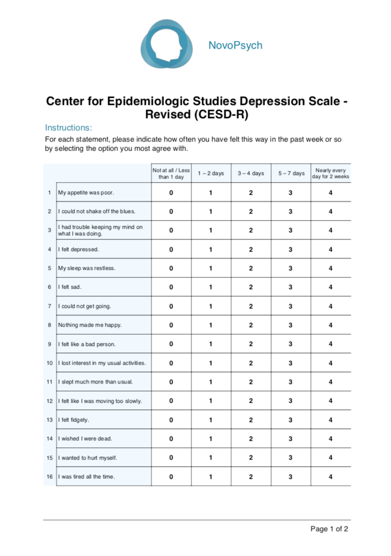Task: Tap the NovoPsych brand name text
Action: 235,46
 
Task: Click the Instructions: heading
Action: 68,127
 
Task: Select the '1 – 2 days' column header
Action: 211,173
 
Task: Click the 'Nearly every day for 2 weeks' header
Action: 331,173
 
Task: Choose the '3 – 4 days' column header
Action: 251,173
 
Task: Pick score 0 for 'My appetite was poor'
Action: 171,193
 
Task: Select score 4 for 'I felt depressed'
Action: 331,250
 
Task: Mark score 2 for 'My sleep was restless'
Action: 251,268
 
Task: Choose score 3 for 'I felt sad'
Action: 290,287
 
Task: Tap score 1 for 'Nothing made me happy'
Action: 211,325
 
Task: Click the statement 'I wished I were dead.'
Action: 85,439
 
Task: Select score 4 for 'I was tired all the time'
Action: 331,477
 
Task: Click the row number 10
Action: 49,363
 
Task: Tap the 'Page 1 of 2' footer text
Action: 329,529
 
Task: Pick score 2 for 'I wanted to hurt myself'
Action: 251,458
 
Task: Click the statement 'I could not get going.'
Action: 84,306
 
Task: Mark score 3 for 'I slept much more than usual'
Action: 290,382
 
